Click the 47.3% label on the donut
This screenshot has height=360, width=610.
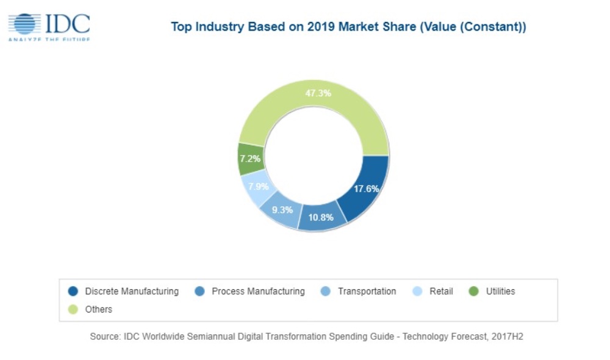coord(318,93)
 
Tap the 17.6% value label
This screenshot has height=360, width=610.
coord(367,189)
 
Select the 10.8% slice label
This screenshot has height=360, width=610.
coord(321,217)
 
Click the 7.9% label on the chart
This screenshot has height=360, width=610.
coord(258,186)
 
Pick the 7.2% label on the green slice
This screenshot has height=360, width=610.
coord(250,159)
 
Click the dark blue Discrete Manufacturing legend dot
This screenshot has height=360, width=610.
coord(73,292)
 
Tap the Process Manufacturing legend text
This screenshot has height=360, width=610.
coord(258,292)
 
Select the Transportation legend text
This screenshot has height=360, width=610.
coord(367,292)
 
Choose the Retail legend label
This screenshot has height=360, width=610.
coord(441,292)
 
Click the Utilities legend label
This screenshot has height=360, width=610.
coord(500,292)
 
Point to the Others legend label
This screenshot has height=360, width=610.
coord(99,309)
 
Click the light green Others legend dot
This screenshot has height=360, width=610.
coord(73,309)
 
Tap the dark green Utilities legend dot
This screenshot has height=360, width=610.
coord(473,292)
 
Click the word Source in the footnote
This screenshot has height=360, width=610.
coord(104,336)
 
